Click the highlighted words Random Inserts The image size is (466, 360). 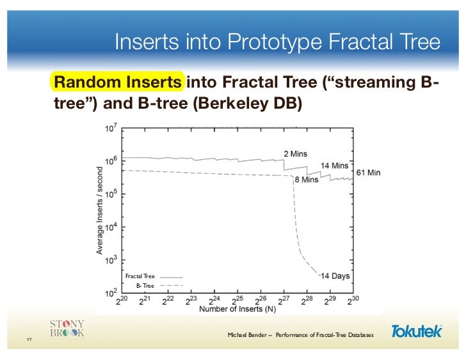118,83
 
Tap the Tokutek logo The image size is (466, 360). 416,331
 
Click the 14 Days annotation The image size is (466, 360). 335,276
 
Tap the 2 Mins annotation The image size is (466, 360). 296,153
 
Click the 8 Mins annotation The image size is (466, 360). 306,180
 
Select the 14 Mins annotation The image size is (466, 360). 334,166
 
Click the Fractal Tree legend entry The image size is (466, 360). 140,276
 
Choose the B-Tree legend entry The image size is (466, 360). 144,285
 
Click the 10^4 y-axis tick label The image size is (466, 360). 110,227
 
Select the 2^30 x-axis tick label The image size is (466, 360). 353,299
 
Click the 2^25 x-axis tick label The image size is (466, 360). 237,299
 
